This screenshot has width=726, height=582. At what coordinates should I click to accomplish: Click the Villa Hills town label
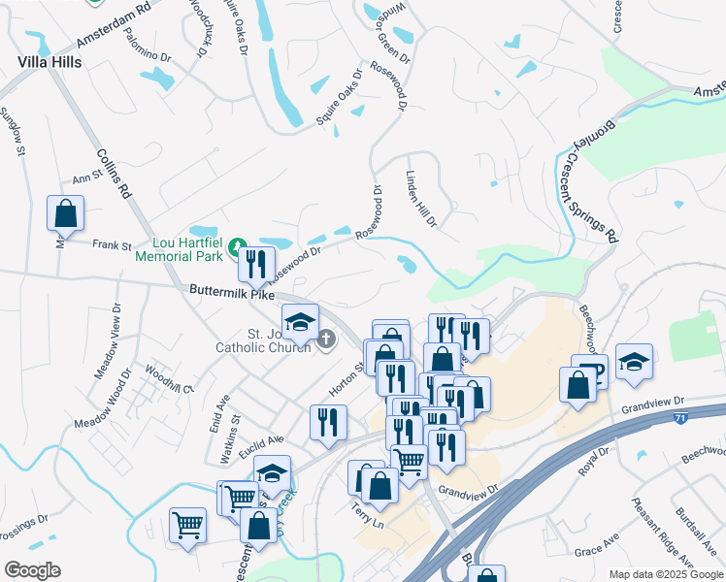click(49, 60)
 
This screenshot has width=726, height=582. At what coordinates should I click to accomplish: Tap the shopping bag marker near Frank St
click(65, 213)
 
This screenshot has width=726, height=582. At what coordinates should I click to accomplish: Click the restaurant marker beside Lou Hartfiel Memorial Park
click(256, 263)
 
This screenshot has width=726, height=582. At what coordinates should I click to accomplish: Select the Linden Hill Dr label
click(420, 199)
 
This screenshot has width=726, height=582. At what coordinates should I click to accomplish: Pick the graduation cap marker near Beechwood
click(634, 362)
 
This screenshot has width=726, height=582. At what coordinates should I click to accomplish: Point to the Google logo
click(32, 570)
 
